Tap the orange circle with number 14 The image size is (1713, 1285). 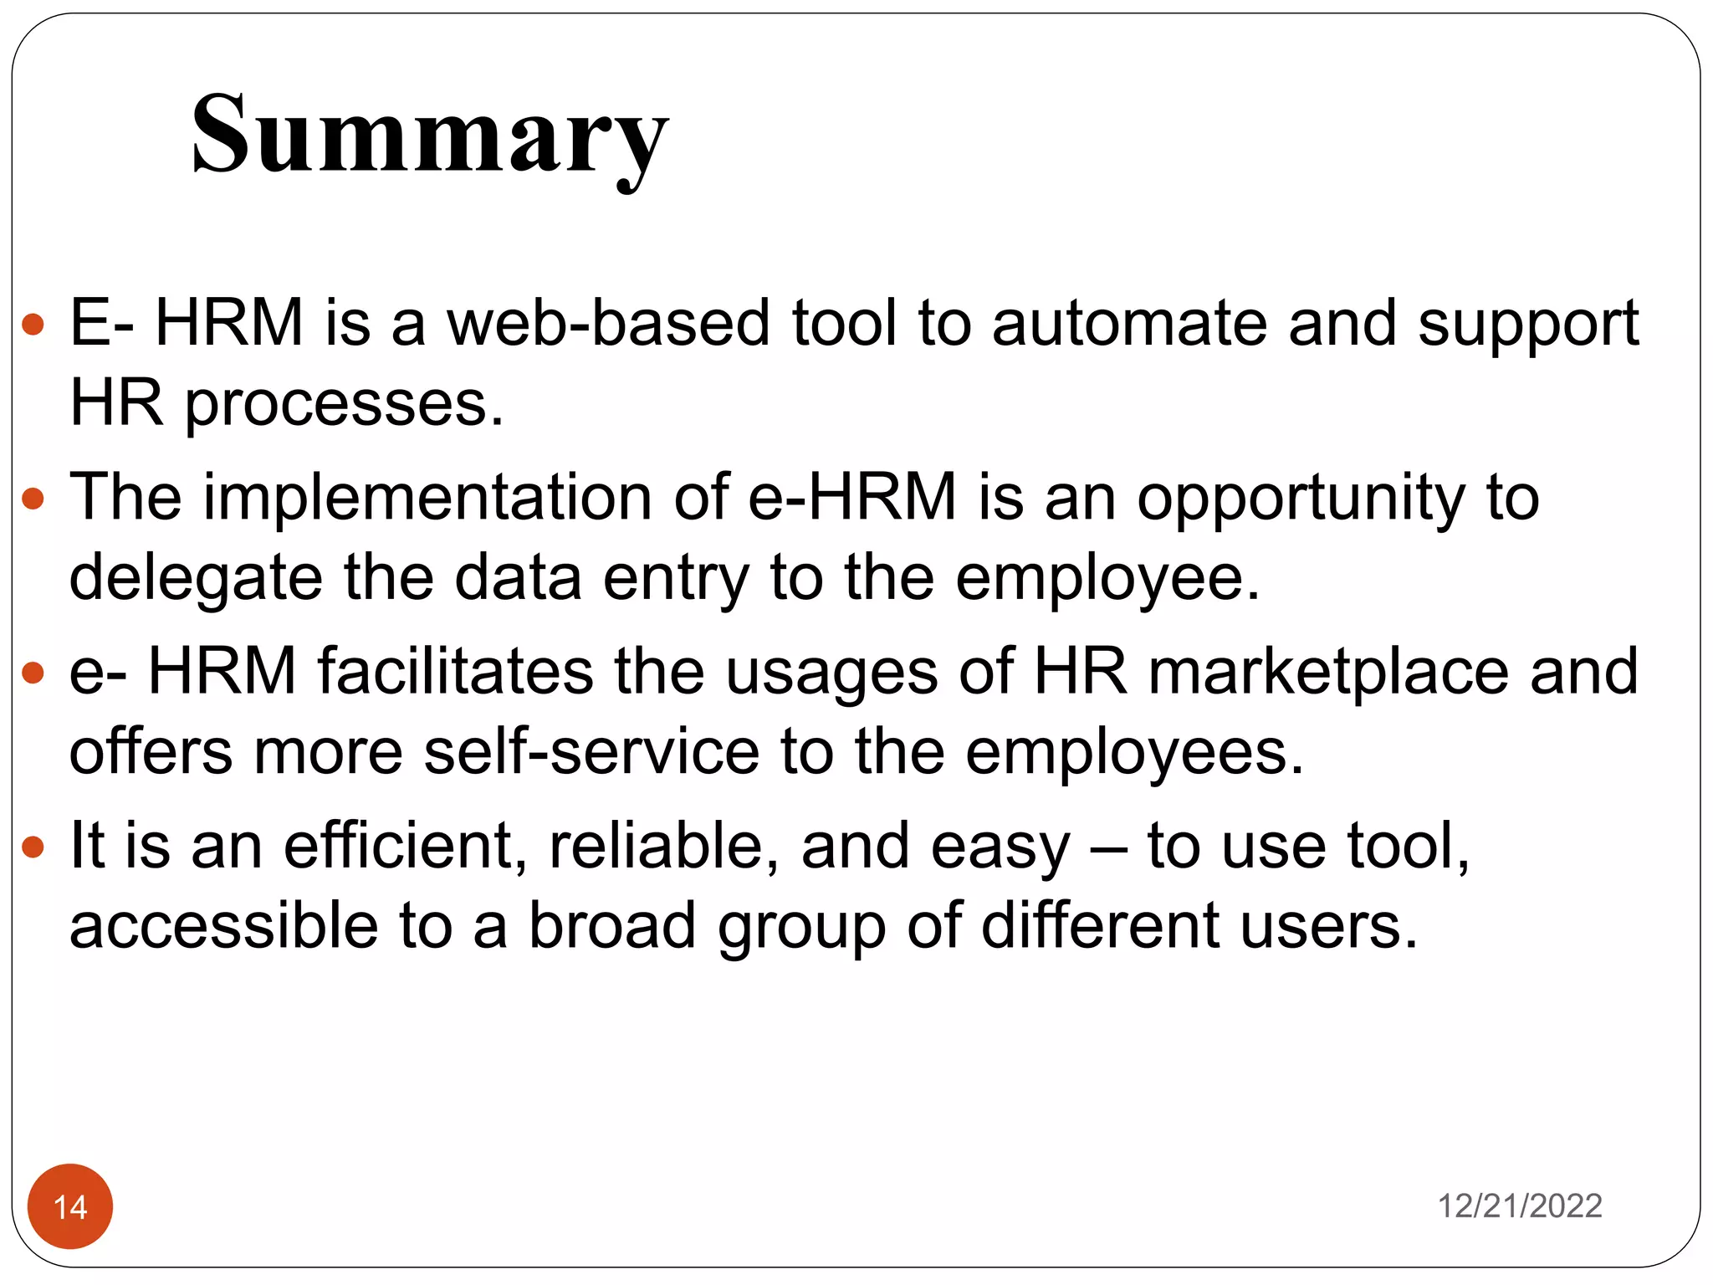(x=70, y=1206)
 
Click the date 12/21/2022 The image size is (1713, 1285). (x=1519, y=1206)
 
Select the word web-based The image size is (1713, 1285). (x=608, y=323)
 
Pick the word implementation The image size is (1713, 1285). (x=427, y=498)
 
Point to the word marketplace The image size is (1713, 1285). (x=1328, y=672)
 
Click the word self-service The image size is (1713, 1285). (x=591, y=751)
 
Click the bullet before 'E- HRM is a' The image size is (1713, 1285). (x=33, y=325)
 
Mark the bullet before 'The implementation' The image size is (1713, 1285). (x=33, y=499)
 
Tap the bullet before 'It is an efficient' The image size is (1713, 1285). (x=33, y=847)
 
